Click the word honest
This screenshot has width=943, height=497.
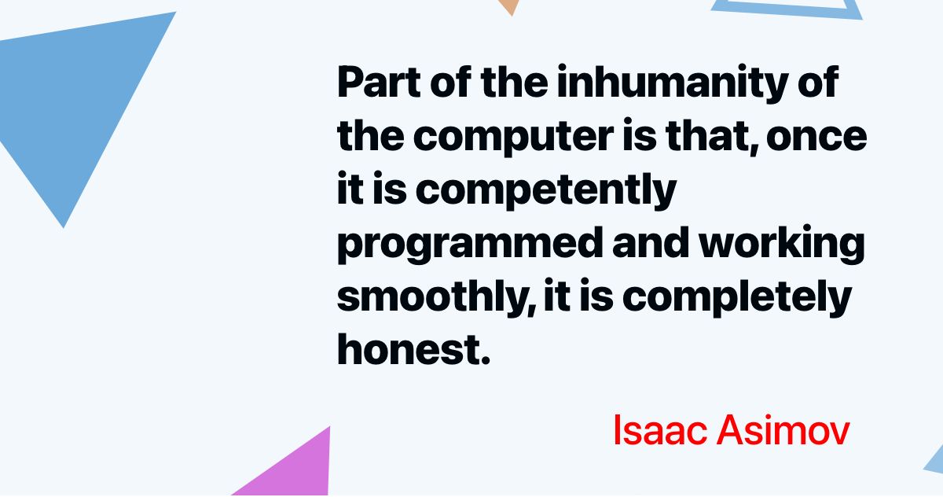coord(405,349)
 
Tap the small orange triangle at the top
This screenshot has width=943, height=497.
coord(509,6)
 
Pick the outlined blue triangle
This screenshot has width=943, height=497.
coord(786,8)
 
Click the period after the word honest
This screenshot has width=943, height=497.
coord(482,359)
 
